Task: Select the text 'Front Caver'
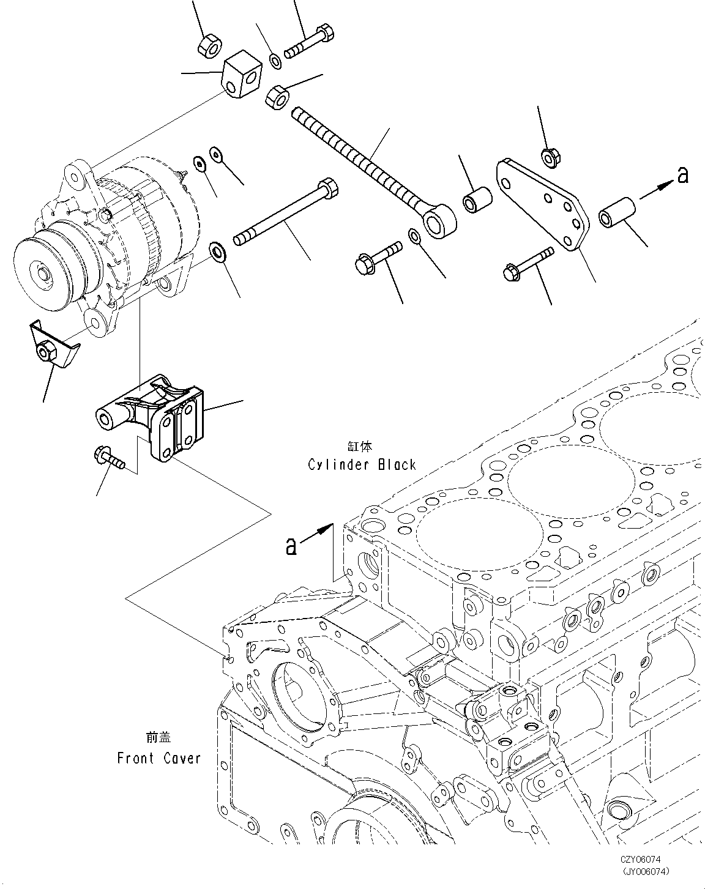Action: coord(159,759)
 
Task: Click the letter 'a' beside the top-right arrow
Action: coord(683,176)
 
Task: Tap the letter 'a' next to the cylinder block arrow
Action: coord(292,545)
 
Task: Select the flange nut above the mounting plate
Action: coord(550,157)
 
